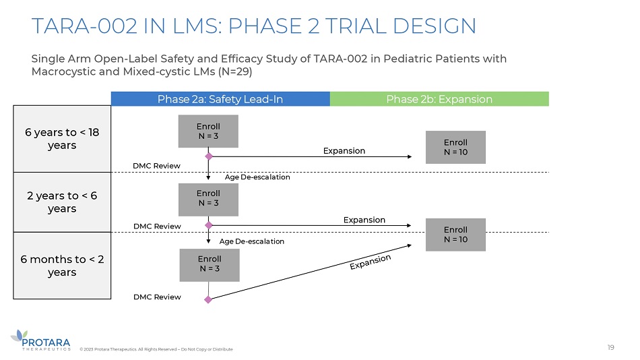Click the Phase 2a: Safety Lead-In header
(220, 99)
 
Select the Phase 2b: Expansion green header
(439, 99)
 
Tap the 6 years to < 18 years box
(62, 139)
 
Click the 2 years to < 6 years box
(62, 202)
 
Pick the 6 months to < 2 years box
(62, 266)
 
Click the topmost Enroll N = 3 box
(208, 131)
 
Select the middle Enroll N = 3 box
(208, 199)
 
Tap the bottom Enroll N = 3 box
(209, 264)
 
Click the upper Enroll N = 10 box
(455, 147)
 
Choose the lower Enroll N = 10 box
(455, 235)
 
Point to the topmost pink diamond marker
(209, 156)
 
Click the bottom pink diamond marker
(208, 300)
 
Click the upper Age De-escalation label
(257, 177)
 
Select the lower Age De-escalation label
(252, 241)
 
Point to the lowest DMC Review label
(158, 297)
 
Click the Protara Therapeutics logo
(40, 339)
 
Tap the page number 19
(610, 347)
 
